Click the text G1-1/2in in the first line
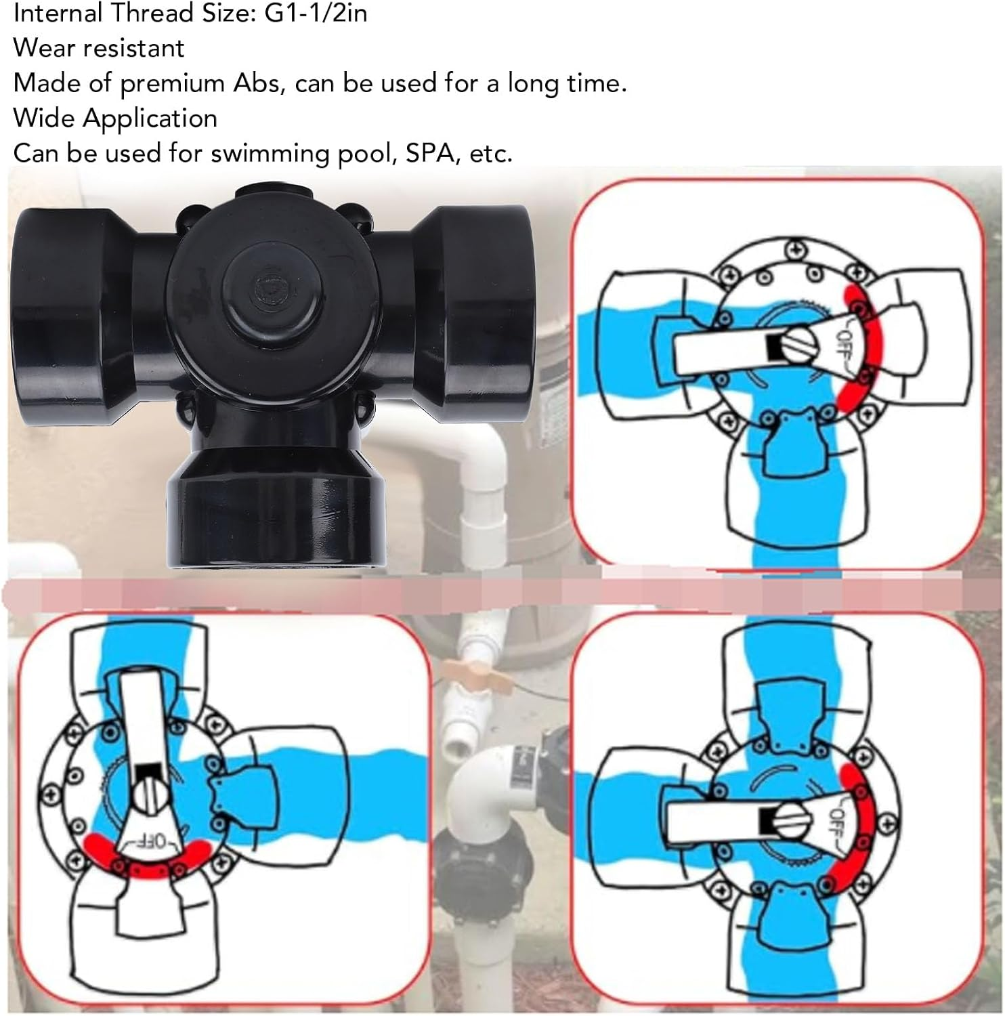click(316, 13)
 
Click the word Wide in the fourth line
click(44, 119)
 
